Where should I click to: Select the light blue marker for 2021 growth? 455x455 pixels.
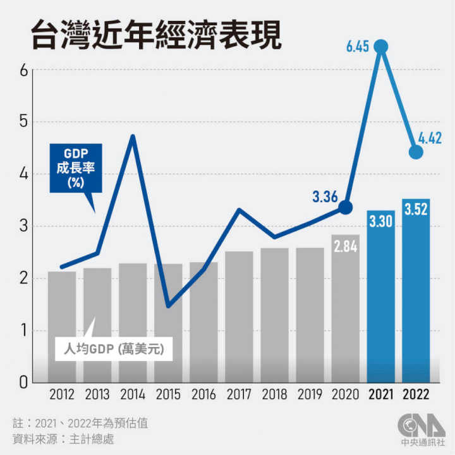tap(381, 46)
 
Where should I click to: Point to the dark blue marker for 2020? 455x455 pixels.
tap(345, 207)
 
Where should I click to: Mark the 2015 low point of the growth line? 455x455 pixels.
tap(168, 306)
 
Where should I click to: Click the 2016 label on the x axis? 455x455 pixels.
tap(203, 394)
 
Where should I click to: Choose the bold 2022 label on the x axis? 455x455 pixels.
tap(416, 394)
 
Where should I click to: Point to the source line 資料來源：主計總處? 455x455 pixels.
tap(63, 437)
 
